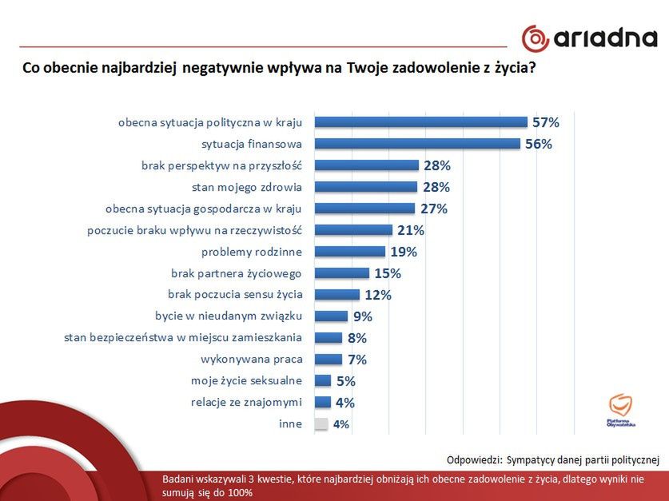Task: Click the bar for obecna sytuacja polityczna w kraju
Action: pyautogui.click(x=420, y=122)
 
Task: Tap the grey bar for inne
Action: pyautogui.click(x=321, y=424)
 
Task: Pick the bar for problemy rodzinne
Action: pyautogui.click(x=350, y=252)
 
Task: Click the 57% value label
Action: pyautogui.click(x=547, y=122)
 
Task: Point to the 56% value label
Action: pyautogui.click(x=540, y=144)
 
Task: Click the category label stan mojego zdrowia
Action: pyautogui.click(x=241, y=187)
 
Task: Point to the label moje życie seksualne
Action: pyautogui.click(x=246, y=381)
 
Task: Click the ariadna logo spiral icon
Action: pyautogui.click(x=535, y=38)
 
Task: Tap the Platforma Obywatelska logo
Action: pyautogui.click(x=620, y=410)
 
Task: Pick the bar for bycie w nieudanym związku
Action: pyautogui.click(x=331, y=316)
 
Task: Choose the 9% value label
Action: pyautogui.click(x=363, y=316)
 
